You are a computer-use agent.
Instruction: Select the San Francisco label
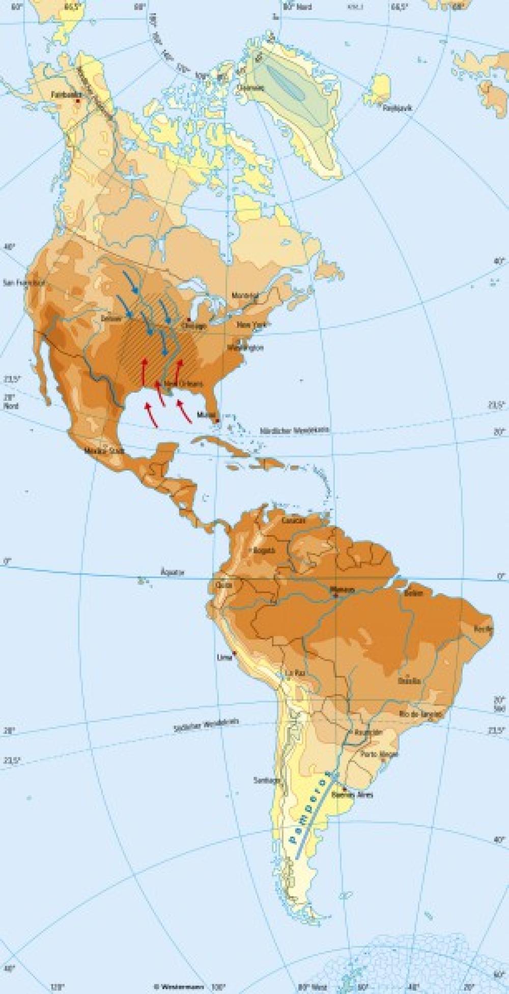23,282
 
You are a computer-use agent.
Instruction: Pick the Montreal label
245,296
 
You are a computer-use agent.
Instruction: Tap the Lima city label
224,657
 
